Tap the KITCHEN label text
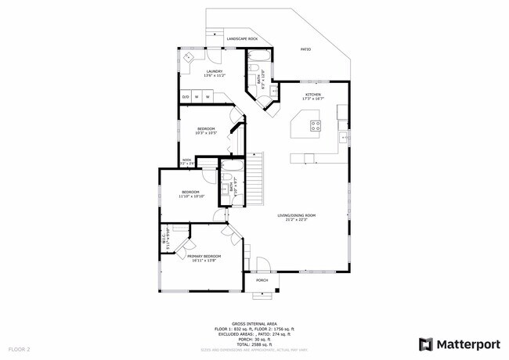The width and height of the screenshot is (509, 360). (x=313, y=95)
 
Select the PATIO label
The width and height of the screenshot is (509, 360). (x=305, y=50)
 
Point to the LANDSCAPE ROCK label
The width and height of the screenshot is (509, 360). (x=242, y=38)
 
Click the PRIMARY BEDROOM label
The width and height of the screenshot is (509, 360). (x=204, y=256)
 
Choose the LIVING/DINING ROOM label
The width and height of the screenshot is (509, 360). (x=296, y=215)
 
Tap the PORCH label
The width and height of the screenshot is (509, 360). (x=262, y=280)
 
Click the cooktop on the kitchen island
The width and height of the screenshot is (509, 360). (x=315, y=124)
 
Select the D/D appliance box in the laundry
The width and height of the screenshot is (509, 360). (x=186, y=97)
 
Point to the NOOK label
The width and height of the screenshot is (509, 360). (x=186, y=160)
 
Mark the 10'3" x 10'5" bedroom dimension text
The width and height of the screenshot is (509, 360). (x=206, y=133)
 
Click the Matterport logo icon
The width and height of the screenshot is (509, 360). (x=426, y=344)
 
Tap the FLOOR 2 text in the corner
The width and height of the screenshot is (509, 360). (x=19, y=348)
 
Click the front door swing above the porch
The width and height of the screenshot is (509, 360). (x=264, y=265)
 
